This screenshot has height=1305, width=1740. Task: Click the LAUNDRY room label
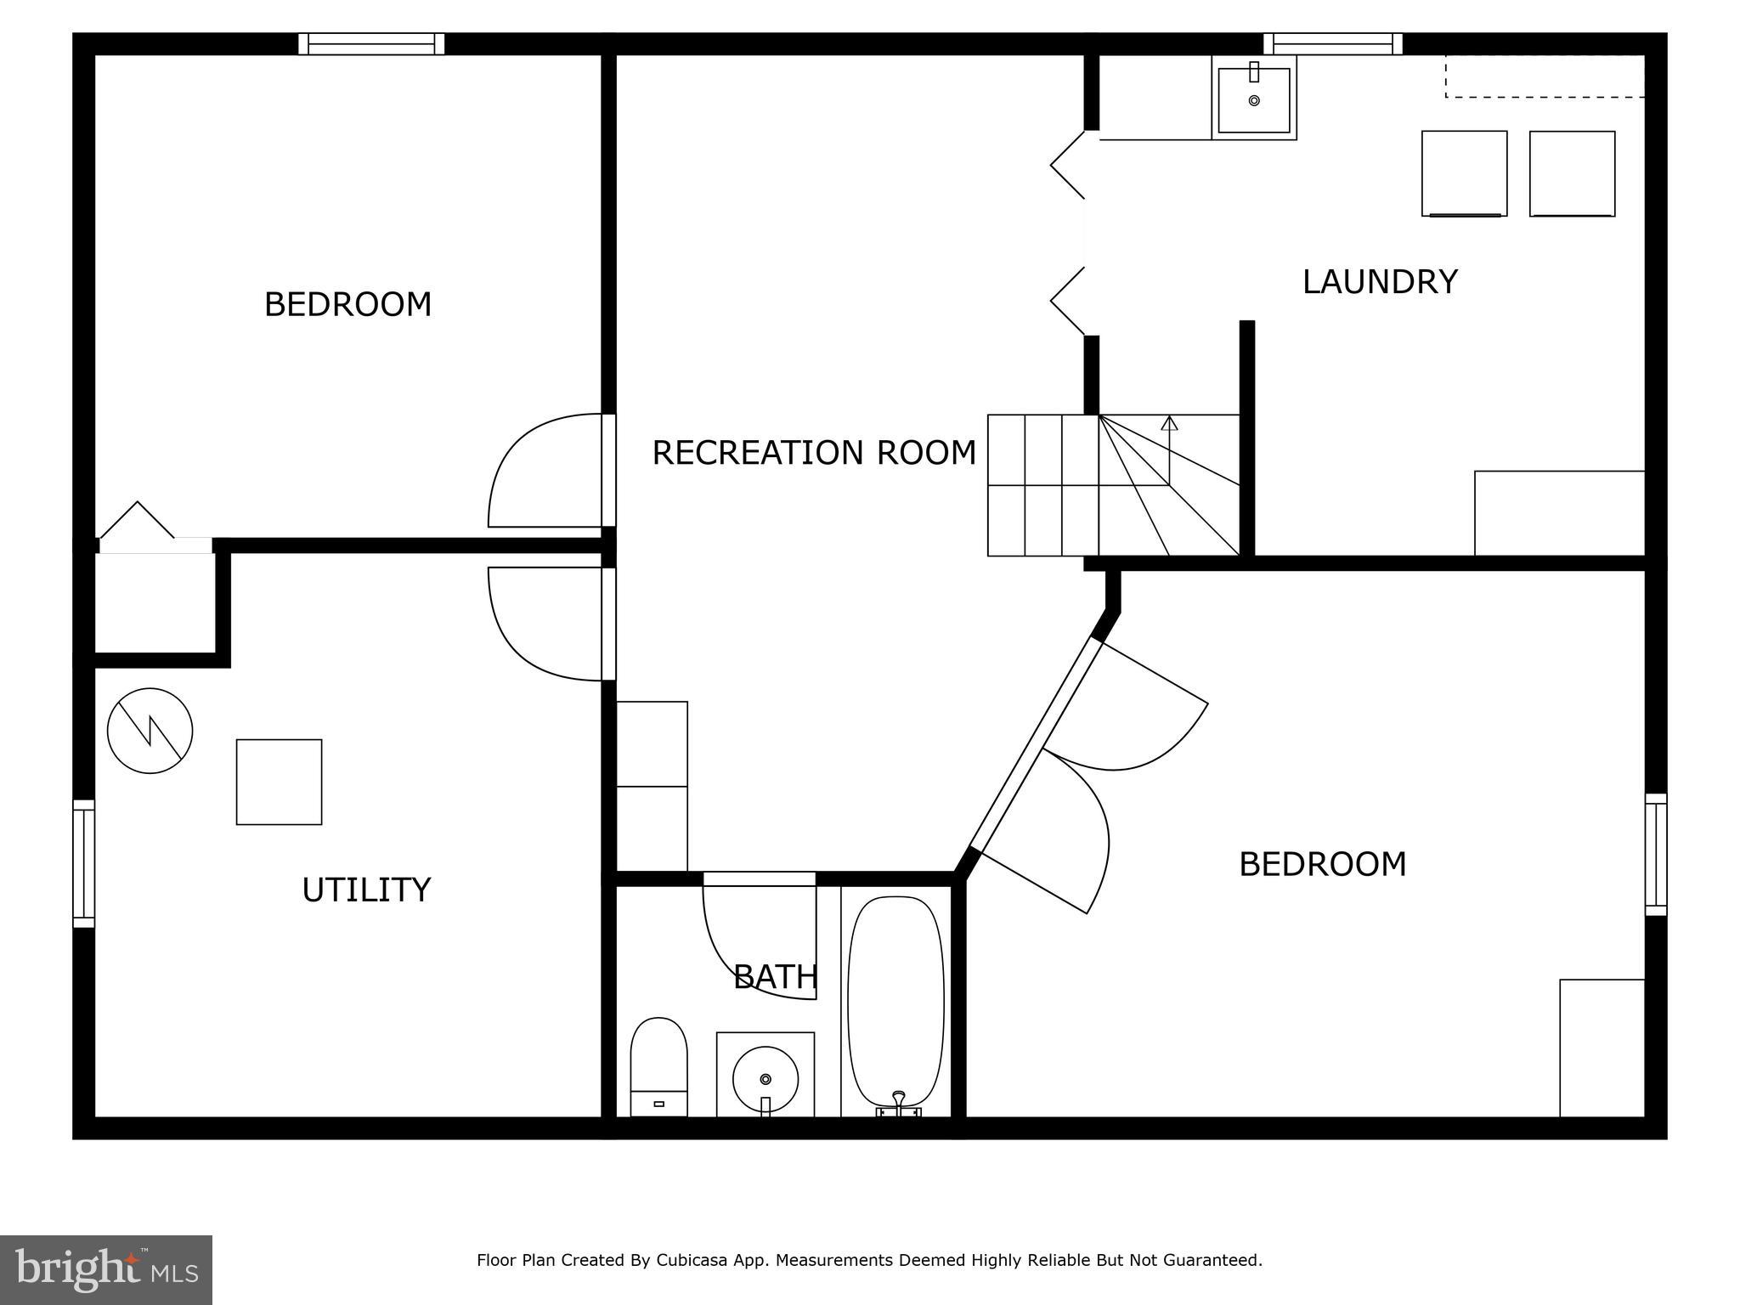click(x=1379, y=282)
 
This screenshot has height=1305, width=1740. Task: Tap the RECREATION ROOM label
click(x=813, y=453)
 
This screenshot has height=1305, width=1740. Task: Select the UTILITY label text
click(x=366, y=890)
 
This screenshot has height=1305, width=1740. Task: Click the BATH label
click(x=775, y=977)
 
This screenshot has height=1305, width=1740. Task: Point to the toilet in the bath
click(x=658, y=1066)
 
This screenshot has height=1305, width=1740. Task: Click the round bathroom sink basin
click(x=765, y=1078)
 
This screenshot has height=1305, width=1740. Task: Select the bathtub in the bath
click(x=896, y=1003)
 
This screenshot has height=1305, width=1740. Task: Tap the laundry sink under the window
click(x=1254, y=100)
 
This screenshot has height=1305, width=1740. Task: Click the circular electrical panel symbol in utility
click(x=150, y=731)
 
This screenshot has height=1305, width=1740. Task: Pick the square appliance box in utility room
click(x=279, y=782)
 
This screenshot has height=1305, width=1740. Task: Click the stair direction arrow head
click(x=1170, y=422)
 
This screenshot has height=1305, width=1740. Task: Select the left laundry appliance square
click(x=1464, y=173)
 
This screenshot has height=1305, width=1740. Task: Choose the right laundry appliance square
click(x=1572, y=173)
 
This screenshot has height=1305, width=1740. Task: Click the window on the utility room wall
click(x=84, y=862)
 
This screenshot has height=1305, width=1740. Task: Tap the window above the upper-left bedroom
click(x=371, y=43)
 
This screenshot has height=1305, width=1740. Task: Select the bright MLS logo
click(x=105, y=1269)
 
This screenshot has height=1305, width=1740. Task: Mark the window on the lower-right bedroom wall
click(x=1655, y=854)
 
